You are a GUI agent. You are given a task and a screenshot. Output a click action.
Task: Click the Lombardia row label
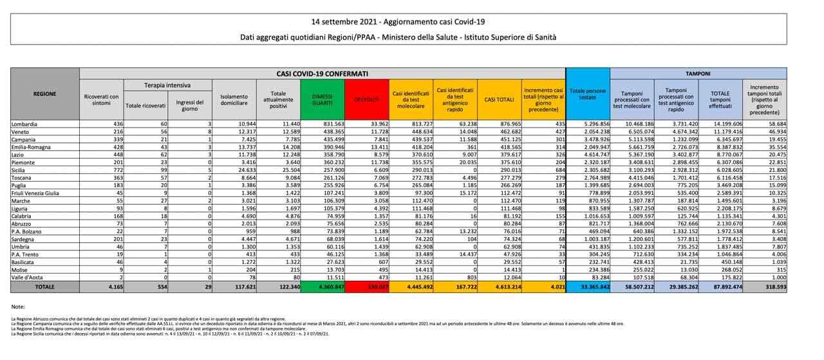click(x=25, y=124)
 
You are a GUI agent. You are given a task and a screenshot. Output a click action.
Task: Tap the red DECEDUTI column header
click(x=368, y=99)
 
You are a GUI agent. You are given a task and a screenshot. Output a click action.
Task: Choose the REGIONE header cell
click(x=44, y=94)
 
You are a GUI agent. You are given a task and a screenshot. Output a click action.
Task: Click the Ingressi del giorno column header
click(x=189, y=104)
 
